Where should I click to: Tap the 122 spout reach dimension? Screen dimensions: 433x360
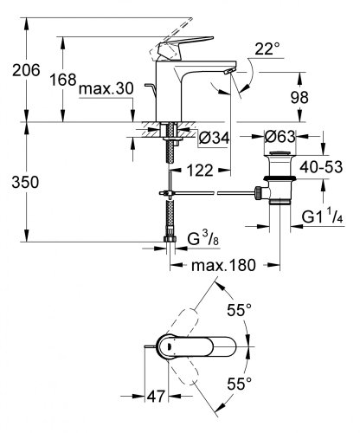click(x=199, y=171)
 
